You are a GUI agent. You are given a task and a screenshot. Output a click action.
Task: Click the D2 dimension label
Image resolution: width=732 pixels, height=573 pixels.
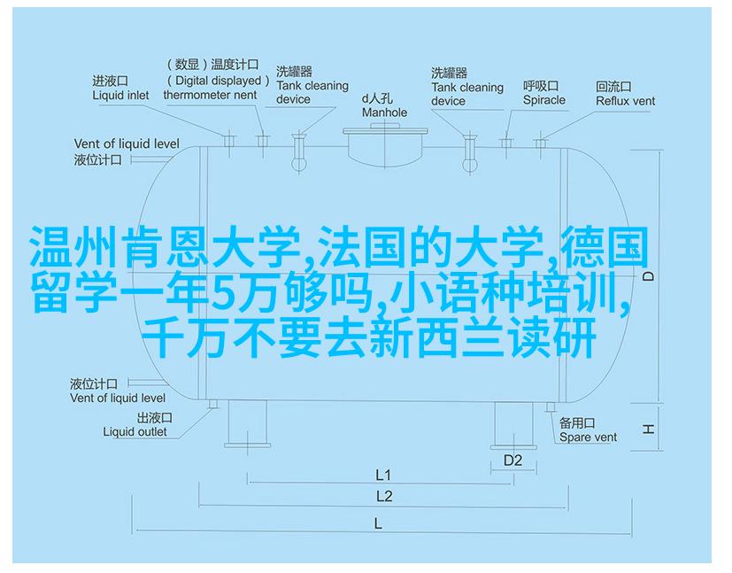(x=512, y=461)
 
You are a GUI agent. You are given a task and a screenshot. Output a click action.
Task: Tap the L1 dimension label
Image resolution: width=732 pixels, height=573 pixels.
(x=383, y=476)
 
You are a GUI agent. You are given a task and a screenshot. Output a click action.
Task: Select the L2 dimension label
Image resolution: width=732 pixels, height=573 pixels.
(x=384, y=497)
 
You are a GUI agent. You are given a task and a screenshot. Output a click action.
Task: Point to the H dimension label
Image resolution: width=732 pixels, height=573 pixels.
(x=648, y=429)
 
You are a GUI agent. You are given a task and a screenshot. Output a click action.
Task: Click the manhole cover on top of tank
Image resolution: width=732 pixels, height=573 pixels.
(x=385, y=131)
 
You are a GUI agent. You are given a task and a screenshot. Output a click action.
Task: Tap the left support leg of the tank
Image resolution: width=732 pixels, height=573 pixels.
(x=248, y=422)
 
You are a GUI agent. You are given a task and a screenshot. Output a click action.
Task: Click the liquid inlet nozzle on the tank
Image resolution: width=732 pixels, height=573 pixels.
(x=228, y=140)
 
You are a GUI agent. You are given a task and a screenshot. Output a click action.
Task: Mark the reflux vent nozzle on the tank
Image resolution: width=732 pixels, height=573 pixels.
(x=540, y=143)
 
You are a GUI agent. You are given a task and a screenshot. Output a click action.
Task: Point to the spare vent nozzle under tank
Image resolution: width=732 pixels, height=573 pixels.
(x=551, y=407)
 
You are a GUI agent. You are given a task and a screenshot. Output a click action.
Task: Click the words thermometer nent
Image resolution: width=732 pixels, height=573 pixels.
(x=210, y=96)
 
